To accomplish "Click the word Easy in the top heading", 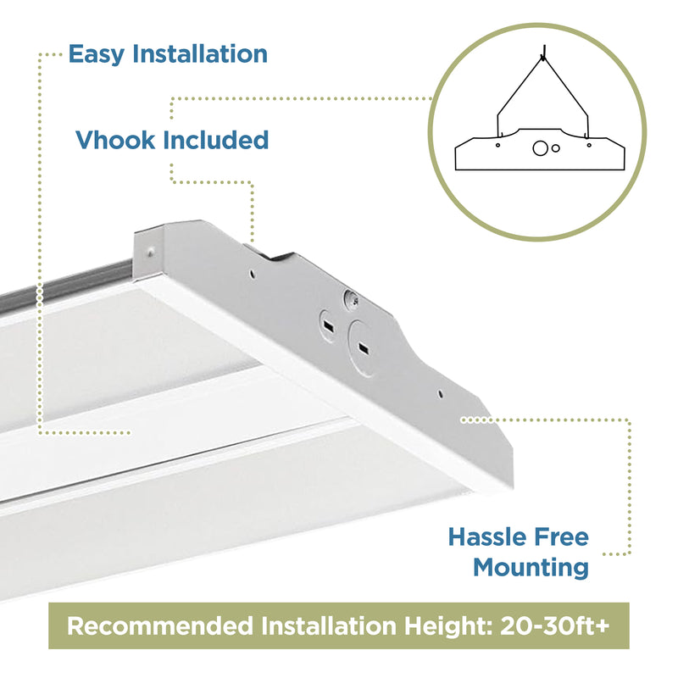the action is click(x=97, y=54).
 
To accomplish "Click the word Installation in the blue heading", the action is click(x=200, y=53).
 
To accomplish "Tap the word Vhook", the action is click(x=115, y=140).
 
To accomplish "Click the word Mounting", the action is click(x=531, y=568).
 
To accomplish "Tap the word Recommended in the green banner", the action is click(x=160, y=625).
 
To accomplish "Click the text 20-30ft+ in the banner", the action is click(x=555, y=625).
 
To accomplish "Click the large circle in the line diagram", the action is click(x=540, y=148).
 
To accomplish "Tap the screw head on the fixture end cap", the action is click(x=351, y=299).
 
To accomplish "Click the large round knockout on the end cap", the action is click(x=363, y=348).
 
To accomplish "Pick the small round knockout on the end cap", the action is click(x=328, y=326).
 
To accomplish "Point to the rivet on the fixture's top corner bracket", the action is click(x=151, y=251).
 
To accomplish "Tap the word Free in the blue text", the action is click(x=561, y=536).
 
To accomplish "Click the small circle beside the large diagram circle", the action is click(x=556, y=148).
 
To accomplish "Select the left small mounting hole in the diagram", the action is click(x=497, y=145).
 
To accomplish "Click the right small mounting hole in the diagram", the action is click(x=589, y=145).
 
